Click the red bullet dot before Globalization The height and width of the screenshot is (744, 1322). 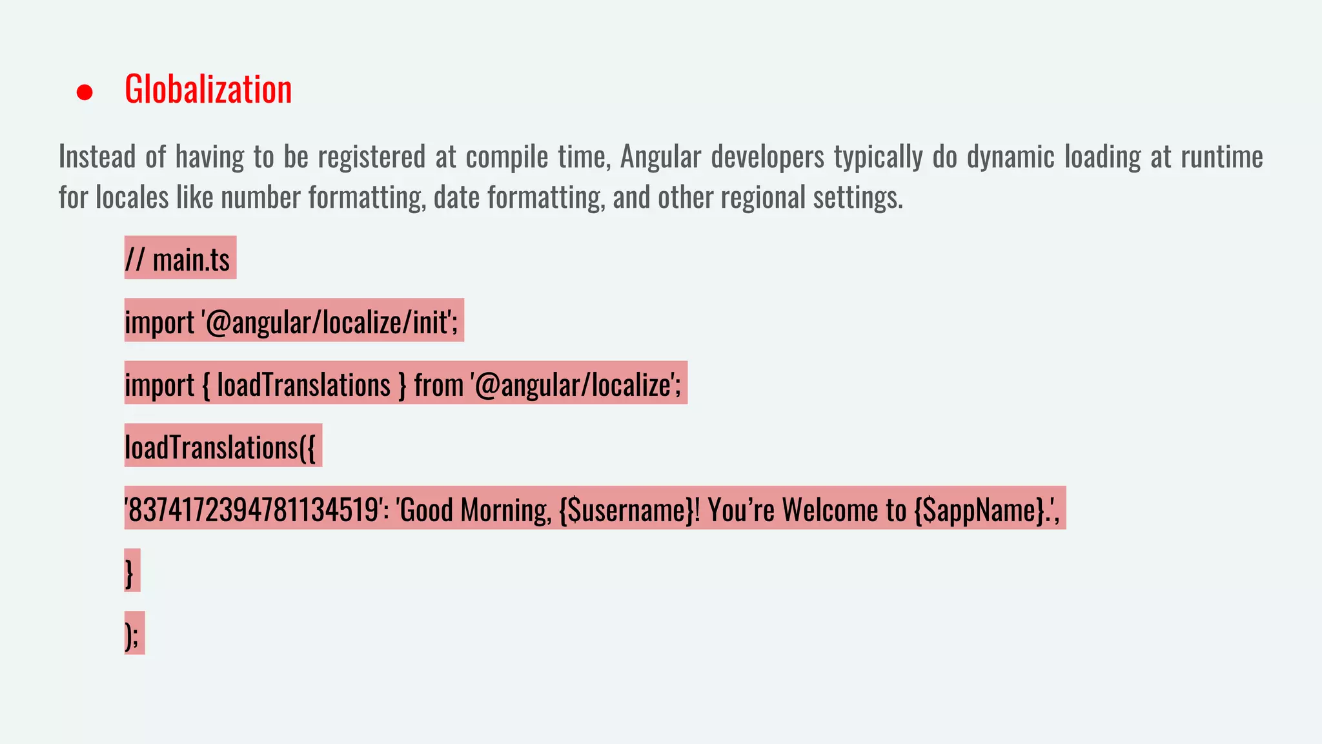[85, 92]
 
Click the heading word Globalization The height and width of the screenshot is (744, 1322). [208, 89]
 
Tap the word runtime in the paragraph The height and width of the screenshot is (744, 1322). [1221, 157]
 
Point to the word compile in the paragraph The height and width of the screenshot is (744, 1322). [507, 157]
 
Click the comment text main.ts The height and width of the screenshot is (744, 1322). [191, 260]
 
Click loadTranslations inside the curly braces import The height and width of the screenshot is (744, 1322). [303, 385]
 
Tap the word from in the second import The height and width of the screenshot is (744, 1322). [439, 385]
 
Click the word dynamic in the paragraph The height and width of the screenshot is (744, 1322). [1010, 157]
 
